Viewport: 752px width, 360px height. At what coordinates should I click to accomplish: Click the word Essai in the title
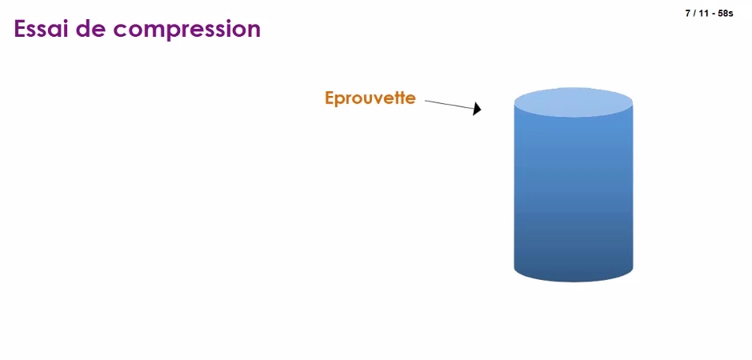[40, 29]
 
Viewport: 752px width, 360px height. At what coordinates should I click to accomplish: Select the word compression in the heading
[187, 30]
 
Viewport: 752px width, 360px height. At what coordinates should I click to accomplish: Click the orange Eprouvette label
[370, 98]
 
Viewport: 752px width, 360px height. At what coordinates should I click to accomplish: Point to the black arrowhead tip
[481, 110]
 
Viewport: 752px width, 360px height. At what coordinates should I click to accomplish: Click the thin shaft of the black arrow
[450, 105]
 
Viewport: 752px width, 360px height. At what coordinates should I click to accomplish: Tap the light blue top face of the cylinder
[574, 102]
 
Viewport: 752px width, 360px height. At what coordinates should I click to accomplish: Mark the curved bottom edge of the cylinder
[574, 282]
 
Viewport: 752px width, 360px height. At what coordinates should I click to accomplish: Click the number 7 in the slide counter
[688, 14]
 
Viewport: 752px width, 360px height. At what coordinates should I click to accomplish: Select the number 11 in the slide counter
[703, 14]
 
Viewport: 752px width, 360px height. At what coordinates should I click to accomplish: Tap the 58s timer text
[726, 14]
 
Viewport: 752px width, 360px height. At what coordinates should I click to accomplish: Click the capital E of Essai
[20, 29]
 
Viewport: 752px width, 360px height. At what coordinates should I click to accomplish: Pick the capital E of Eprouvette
[329, 98]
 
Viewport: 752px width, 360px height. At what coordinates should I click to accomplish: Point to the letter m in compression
[154, 31]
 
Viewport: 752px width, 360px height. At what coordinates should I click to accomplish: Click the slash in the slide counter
[694, 14]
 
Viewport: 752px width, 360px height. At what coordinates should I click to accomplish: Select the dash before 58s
[713, 14]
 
